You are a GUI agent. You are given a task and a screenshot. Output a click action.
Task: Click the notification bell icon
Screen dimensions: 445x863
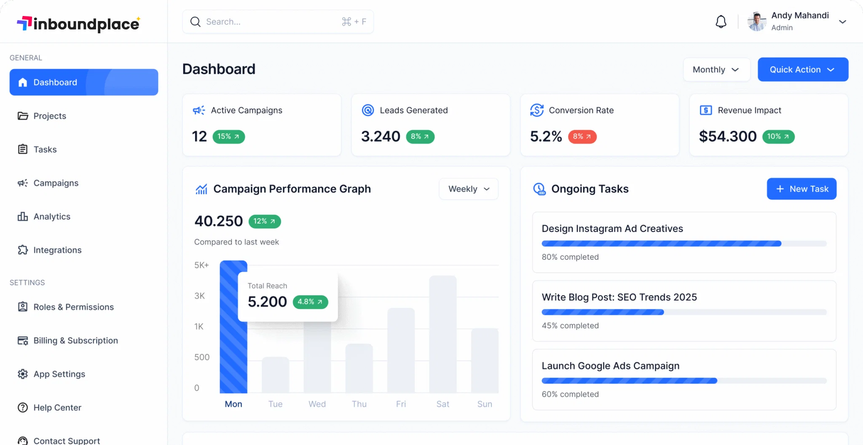tap(721, 22)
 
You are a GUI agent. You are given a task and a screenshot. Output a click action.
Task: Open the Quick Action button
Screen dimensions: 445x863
tap(803, 69)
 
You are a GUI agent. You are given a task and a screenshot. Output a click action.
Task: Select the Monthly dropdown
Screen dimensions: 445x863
tap(716, 69)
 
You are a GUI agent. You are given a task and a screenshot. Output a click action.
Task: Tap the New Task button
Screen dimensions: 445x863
tap(801, 189)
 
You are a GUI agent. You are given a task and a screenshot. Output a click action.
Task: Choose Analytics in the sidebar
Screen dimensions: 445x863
tap(52, 216)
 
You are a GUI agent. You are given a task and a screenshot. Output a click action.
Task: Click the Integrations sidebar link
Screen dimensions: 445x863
tap(57, 250)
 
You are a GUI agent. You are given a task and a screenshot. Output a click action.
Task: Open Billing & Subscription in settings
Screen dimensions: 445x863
tap(75, 341)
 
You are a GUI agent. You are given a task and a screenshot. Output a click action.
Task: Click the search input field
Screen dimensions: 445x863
tap(270, 22)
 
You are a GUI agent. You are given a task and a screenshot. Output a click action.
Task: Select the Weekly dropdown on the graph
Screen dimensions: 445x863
tap(468, 189)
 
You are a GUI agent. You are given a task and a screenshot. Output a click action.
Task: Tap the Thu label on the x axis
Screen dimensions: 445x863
tap(359, 404)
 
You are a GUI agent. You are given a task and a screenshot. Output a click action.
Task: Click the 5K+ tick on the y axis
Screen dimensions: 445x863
tap(201, 265)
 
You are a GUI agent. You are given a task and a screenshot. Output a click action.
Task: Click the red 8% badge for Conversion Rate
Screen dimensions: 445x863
tap(582, 137)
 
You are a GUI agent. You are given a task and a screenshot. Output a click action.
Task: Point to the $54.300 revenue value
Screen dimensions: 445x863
tap(728, 136)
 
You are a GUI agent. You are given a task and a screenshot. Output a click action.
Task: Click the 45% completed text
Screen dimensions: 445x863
tap(570, 325)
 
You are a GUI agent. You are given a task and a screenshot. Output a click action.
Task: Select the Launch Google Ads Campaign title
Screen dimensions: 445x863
tap(611, 366)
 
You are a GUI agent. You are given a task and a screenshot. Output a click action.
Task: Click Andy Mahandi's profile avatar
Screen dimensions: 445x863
tap(757, 22)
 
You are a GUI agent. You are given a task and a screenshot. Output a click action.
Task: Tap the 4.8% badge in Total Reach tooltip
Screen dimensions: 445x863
tap(310, 302)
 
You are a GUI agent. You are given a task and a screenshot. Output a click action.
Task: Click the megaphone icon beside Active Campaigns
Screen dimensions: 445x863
tap(199, 110)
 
